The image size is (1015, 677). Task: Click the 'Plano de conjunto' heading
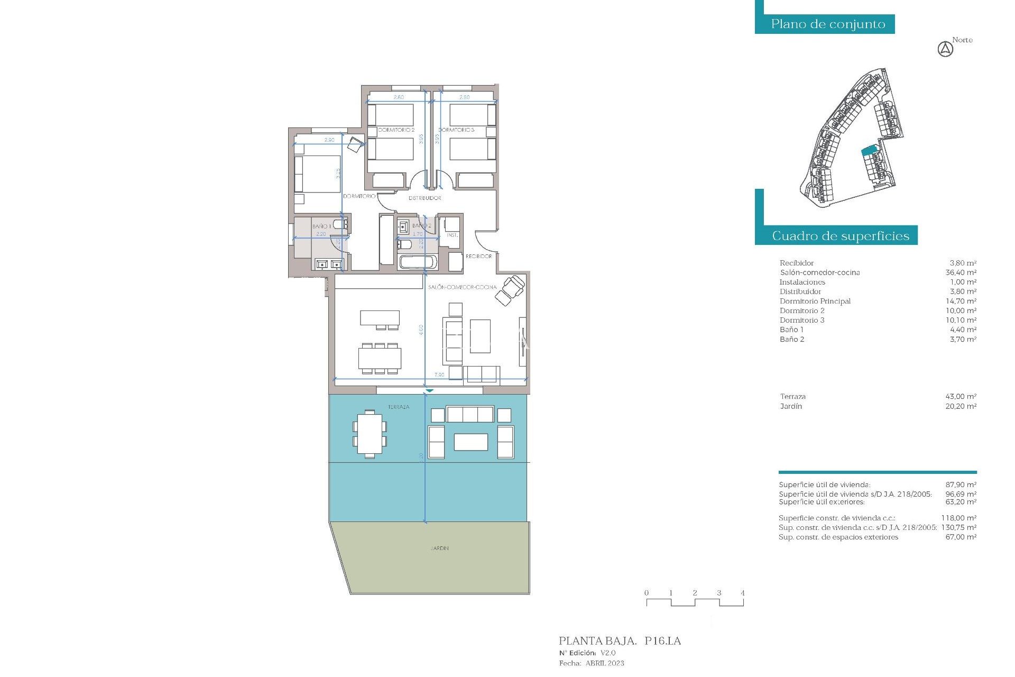pos(828,24)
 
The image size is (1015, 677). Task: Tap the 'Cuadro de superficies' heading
pos(840,236)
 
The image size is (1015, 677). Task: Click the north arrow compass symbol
pos(945,50)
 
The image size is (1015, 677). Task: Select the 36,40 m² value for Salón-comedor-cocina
pos(961,273)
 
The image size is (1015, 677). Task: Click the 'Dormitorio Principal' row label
pos(815,301)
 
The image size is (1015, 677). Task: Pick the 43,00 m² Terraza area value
pos(961,397)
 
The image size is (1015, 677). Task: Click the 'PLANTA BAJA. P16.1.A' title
pos(620,641)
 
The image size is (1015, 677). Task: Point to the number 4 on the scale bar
pos(742,593)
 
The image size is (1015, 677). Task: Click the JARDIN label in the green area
pos(439,548)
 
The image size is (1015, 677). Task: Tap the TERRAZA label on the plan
pos(399,407)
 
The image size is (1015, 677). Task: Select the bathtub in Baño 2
pos(418,262)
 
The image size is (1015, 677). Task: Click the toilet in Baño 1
pos(340,225)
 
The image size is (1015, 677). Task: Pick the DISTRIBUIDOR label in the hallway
pos(425,198)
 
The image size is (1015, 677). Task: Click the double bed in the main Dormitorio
pos(317,173)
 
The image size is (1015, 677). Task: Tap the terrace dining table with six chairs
pos(370,434)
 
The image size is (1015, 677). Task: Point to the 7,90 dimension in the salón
pos(439,375)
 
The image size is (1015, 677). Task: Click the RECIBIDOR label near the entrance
pos(478,257)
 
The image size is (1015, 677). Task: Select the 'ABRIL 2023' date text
pos(604,663)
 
